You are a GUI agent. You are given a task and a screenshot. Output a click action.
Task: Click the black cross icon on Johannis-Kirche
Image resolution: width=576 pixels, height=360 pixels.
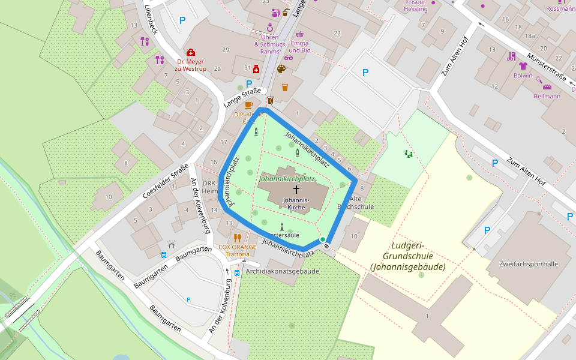pyautogui.click(x=296, y=189)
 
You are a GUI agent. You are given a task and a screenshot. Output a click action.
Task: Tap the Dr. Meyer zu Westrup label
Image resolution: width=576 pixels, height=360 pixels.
pyautogui.click(x=190, y=65)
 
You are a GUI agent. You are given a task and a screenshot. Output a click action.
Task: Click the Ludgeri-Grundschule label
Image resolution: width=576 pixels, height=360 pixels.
pyautogui.click(x=407, y=256)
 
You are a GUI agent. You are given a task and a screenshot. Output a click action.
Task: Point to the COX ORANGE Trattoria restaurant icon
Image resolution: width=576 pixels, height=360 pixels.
pyautogui.click(x=237, y=238)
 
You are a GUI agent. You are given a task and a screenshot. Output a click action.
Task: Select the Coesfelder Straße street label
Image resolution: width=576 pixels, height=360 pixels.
pyautogui.click(x=166, y=182)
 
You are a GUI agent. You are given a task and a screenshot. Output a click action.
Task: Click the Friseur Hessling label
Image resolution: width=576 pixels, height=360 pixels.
pyautogui.click(x=416, y=6)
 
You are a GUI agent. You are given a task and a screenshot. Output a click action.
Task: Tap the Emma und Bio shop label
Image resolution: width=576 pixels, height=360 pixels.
pyautogui.click(x=300, y=47)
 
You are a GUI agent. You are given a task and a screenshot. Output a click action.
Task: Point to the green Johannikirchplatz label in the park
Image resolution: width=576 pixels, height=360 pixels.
pyautogui.click(x=287, y=179)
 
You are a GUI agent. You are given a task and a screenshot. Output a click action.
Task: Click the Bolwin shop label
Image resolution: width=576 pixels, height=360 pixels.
pyautogui.click(x=523, y=76)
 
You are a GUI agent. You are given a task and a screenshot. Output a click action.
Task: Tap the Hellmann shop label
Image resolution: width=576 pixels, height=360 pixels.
pyautogui.click(x=547, y=96)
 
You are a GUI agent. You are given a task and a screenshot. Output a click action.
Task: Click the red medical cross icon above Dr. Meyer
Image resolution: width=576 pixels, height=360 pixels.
pyautogui.click(x=191, y=52)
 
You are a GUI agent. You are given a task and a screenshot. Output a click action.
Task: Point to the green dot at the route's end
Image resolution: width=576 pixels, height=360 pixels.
pyautogui.click(x=323, y=239)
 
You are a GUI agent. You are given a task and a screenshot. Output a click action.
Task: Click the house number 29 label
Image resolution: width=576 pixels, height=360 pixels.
pyautogui.click(x=226, y=49)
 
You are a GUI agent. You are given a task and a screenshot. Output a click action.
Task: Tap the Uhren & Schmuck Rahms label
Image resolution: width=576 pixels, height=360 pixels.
pyautogui.click(x=270, y=41)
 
